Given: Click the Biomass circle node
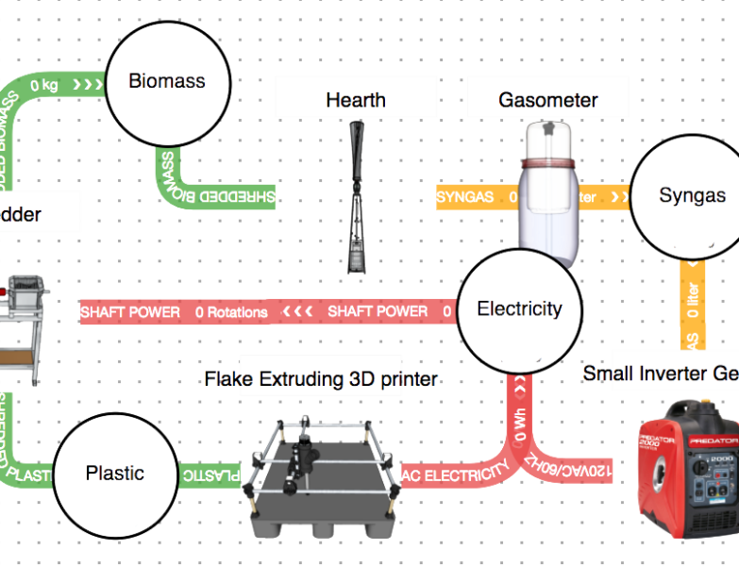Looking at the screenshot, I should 167,82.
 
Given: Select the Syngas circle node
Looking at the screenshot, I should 692,196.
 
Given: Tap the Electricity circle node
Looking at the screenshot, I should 519,309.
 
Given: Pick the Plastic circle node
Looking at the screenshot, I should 115,474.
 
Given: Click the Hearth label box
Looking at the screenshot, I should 355,98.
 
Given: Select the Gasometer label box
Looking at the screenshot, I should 547,99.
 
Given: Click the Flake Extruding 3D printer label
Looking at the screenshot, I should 321,378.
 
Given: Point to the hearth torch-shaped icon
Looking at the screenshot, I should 358,198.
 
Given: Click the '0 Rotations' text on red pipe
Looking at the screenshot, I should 231,311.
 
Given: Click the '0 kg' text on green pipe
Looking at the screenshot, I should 45,86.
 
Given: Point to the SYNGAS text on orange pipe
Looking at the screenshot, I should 463,197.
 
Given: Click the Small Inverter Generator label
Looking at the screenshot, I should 661,374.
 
